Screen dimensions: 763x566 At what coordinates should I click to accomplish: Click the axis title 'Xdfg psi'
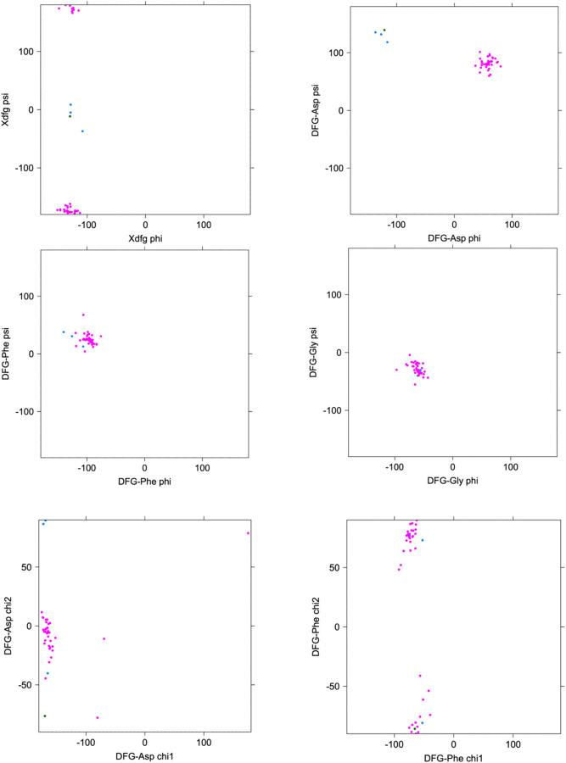pyautogui.click(x=6, y=109)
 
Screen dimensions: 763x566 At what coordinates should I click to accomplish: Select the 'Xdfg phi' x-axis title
pyautogui.click(x=145, y=240)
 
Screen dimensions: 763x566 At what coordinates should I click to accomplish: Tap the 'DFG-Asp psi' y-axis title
pyautogui.click(x=316, y=110)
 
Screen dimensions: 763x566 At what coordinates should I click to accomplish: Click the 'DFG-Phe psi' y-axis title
pyautogui.click(x=6, y=354)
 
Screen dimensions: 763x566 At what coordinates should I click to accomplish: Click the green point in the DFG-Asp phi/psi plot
pyautogui.click(x=384, y=31)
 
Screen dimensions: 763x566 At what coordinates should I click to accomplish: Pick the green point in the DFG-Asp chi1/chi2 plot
pyautogui.click(x=45, y=716)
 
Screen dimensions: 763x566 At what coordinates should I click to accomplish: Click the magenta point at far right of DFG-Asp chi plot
pyautogui.click(x=248, y=533)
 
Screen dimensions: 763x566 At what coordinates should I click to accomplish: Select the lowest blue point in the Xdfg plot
pyautogui.click(x=82, y=131)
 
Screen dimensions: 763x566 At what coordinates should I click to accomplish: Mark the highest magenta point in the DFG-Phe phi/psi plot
pyautogui.click(x=83, y=315)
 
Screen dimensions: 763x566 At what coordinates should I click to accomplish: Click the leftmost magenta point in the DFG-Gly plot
pyautogui.click(x=396, y=370)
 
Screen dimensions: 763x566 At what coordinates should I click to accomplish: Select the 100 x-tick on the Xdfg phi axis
pyautogui.click(x=204, y=226)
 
